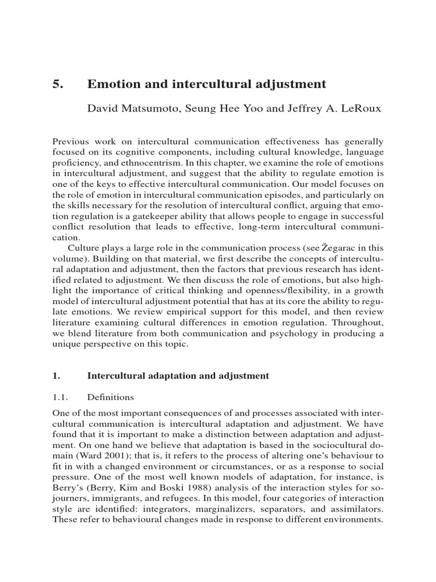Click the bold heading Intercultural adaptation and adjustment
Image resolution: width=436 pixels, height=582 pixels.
[178, 376]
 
